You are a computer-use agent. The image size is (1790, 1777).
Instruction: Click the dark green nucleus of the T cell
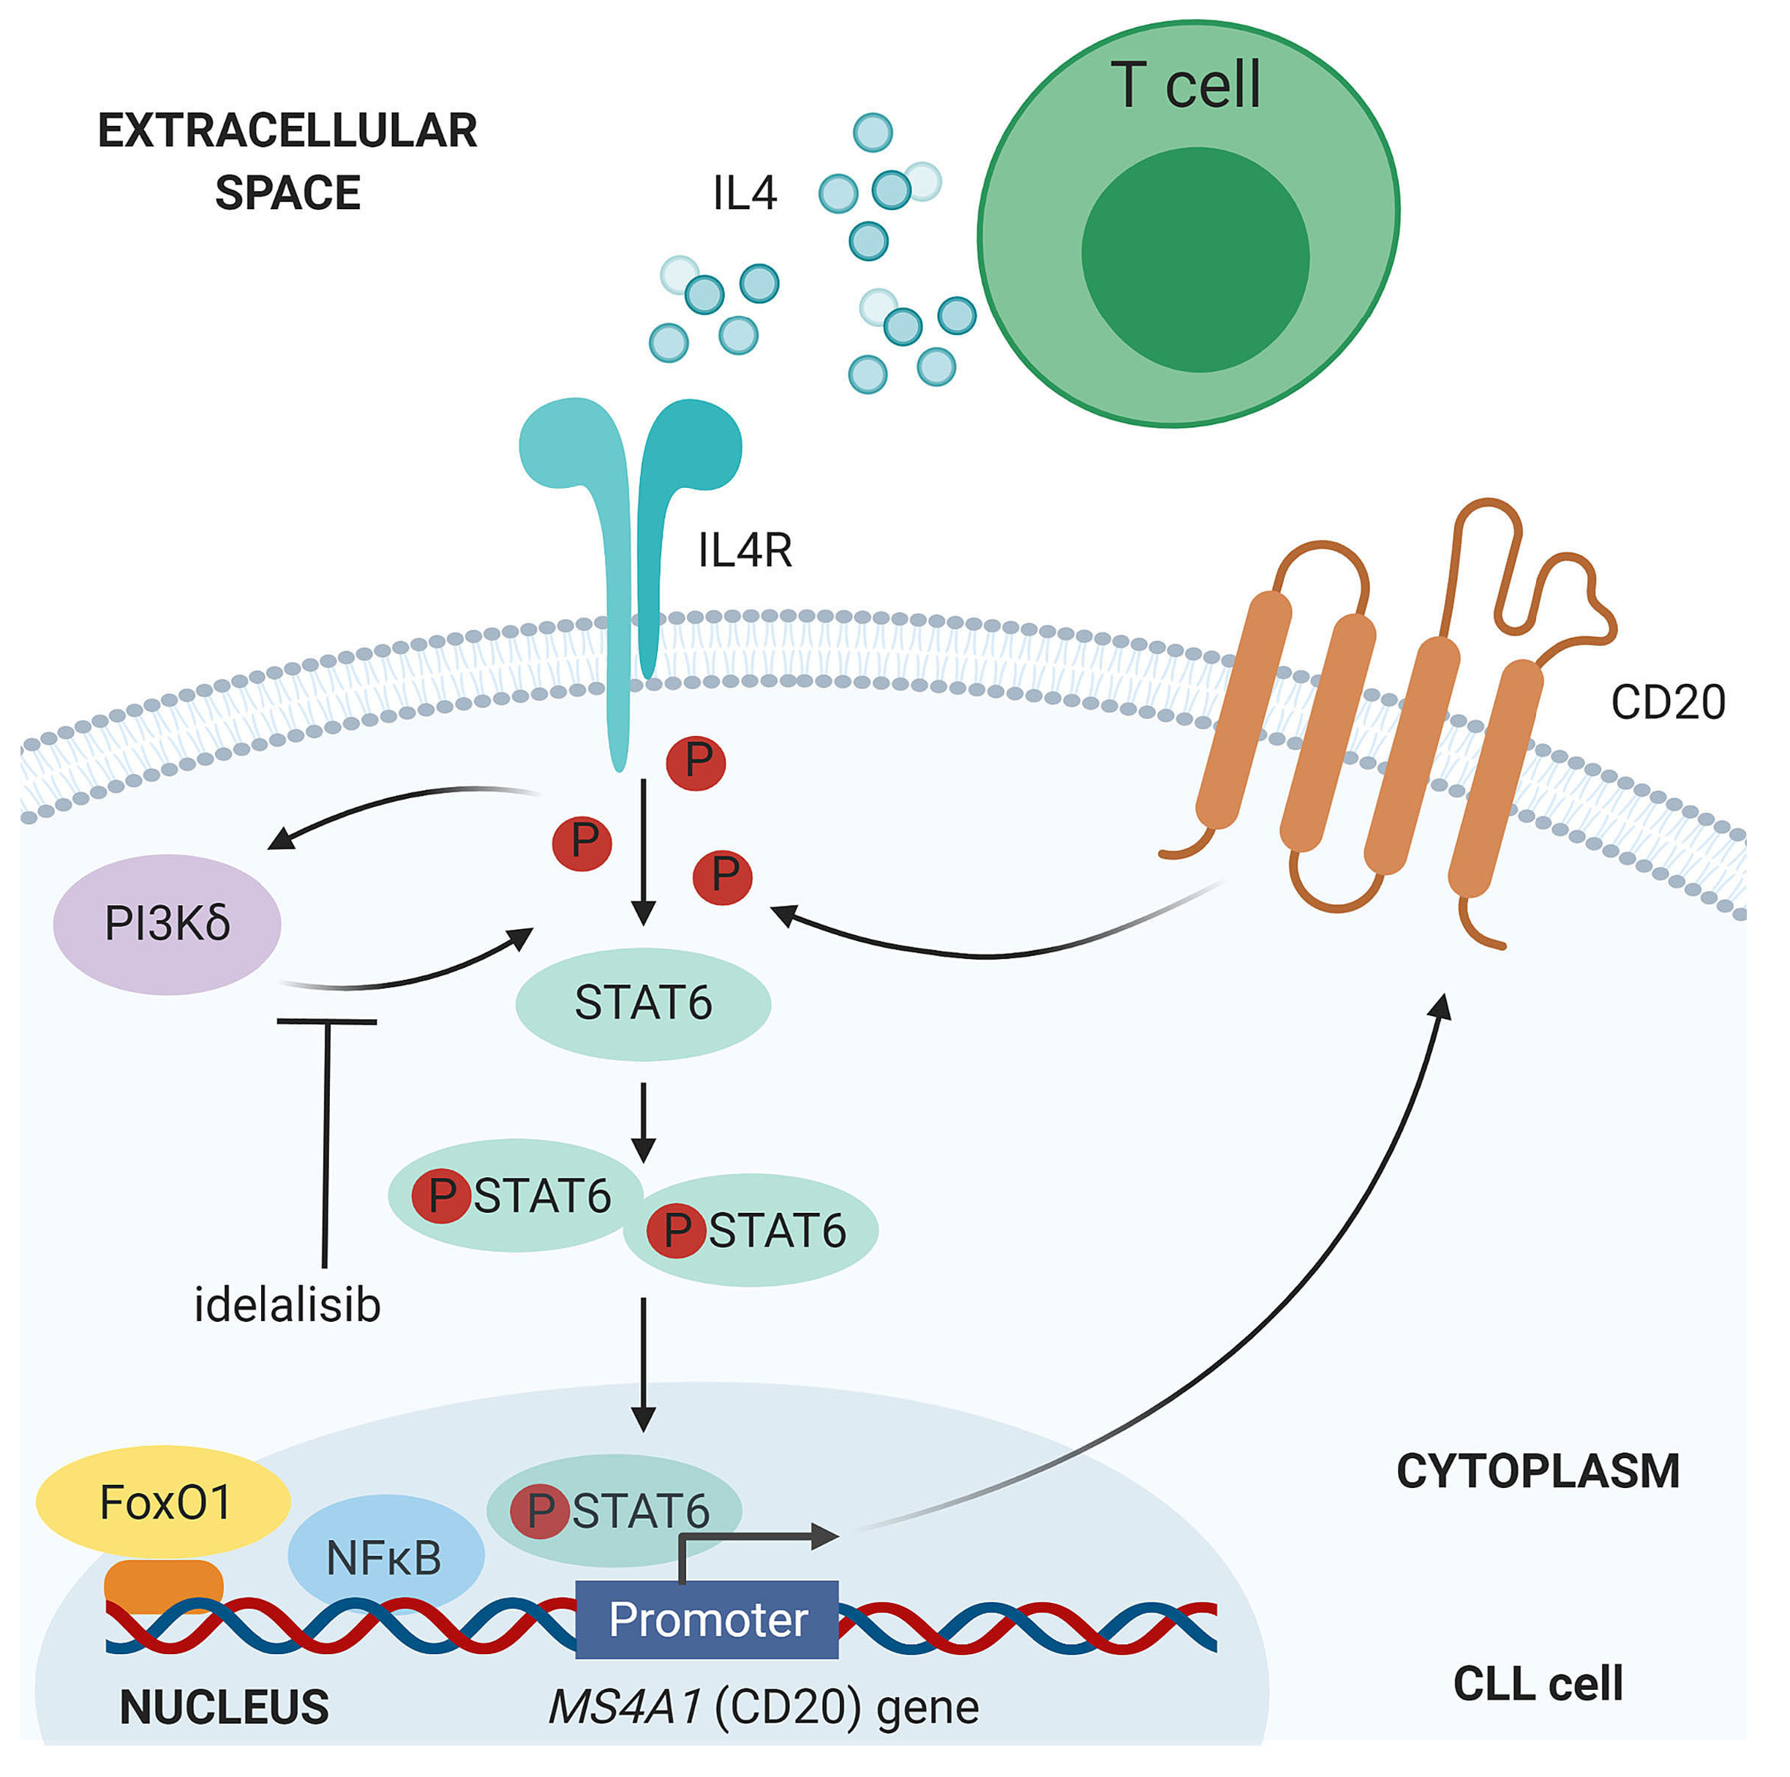pyautogui.click(x=1195, y=260)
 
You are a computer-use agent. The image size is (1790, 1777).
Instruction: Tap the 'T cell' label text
pyautogui.click(x=1185, y=86)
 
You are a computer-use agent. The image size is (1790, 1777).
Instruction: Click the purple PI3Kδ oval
pyautogui.click(x=167, y=924)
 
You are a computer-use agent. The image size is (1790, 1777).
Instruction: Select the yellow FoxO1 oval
pyautogui.click(x=163, y=1502)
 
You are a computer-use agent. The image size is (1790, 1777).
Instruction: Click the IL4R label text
pyautogui.click(x=745, y=550)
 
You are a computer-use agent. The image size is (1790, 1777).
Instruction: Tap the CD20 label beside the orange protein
pyautogui.click(x=1667, y=702)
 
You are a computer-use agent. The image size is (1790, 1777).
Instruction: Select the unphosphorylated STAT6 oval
pyautogui.click(x=643, y=1004)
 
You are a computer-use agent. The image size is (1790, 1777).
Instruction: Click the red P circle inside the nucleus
pyautogui.click(x=540, y=1511)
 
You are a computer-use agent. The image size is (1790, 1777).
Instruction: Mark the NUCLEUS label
pyautogui.click(x=225, y=1707)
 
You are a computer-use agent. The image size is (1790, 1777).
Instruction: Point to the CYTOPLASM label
pyautogui.click(x=1537, y=1471)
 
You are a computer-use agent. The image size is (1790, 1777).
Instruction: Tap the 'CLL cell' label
pyautogui.click(x=1537, y=1683)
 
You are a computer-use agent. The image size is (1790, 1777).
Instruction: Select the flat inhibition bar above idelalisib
pyautogui.click(x=326, y=1022)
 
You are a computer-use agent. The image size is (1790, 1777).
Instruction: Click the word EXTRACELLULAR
pyautogui.click(x=287, y=131)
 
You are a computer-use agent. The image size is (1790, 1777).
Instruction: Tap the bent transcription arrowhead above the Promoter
pyautogui.click(x=824, y=1536)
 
